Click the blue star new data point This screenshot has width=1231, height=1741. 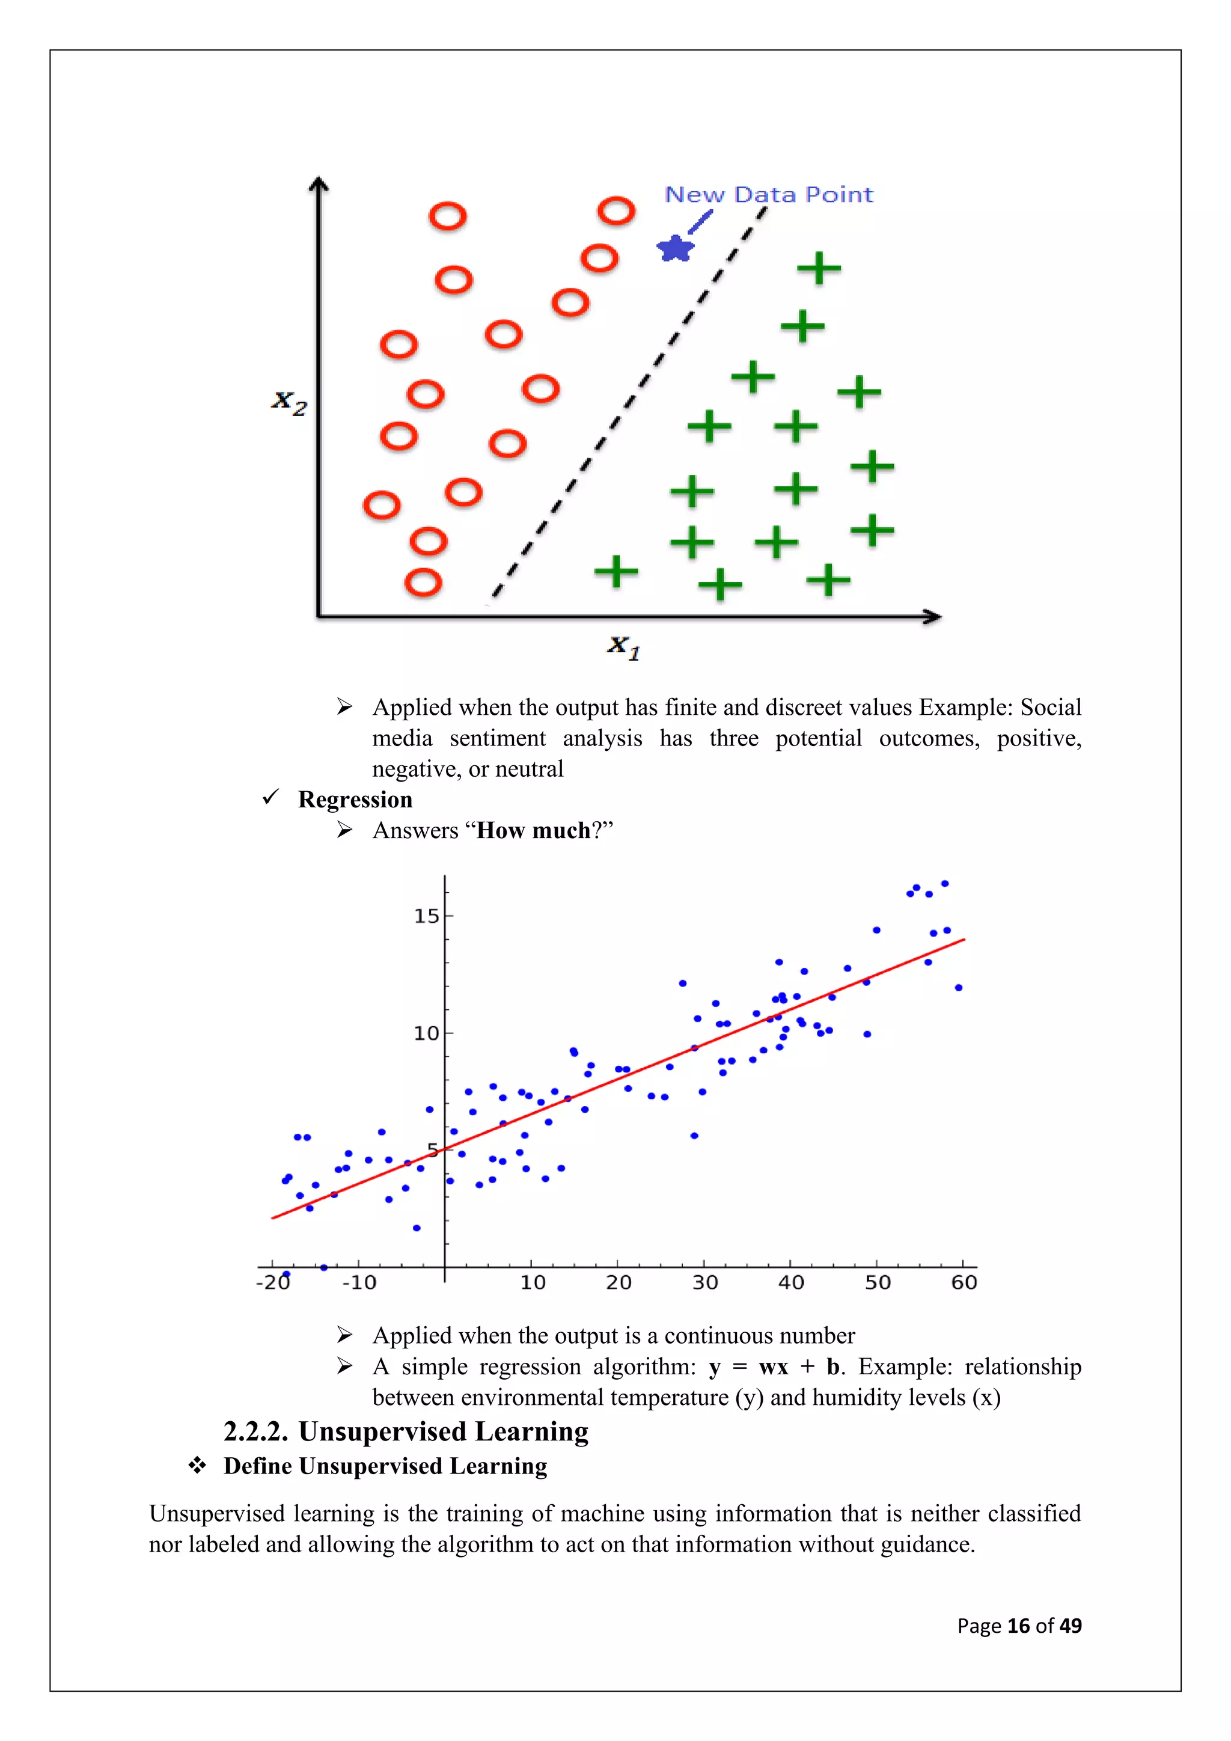(x=674, y=248)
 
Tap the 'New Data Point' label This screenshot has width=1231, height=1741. (x=769, y=195)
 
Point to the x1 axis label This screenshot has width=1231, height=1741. (x=624, y=647)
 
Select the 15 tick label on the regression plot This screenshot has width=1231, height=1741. (x=426, y=916)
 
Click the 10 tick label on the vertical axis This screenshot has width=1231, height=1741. (x=426, y=1033)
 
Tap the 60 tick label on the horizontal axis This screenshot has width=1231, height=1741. (x=964, y=1282)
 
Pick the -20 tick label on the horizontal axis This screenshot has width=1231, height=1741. (x=273, y=1282)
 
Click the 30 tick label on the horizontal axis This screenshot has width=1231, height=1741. (x=705, y=1282)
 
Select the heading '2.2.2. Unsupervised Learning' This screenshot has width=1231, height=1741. (x=406, y=1431)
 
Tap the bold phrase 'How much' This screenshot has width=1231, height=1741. (x=533, y=830)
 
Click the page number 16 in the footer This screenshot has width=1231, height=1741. (x=1018, y=1626)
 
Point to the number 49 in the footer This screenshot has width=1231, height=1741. (x=1071, y=1626)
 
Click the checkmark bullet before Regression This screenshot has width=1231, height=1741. (x=270, y=797)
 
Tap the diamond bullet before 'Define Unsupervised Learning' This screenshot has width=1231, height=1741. (x=197, y=1465)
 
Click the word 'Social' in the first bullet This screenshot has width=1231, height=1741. (x=1051, y=707)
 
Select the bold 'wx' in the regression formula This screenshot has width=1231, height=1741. (x=773, y=1366)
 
